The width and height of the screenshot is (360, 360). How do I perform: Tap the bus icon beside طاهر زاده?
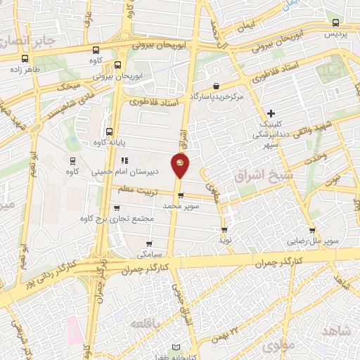coord(25,59)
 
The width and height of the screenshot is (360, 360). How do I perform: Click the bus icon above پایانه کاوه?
coord(109,131)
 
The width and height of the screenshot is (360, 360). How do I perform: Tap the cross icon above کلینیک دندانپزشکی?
coord(271,112)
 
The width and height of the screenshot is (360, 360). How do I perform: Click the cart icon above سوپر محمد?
coord(181,195)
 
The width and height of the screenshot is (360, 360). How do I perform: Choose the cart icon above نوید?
coord(224,229)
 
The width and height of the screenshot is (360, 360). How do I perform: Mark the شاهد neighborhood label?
coord(336,330)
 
